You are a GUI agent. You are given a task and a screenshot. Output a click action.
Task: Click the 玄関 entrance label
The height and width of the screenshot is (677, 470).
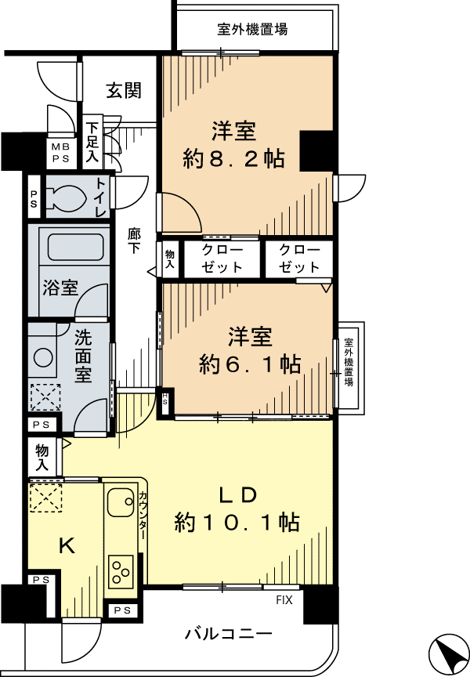[124, 91]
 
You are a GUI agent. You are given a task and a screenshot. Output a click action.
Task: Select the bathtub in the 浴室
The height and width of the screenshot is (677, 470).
[76, 247]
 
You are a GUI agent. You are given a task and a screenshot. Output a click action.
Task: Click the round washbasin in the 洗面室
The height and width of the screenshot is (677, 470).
[43, 357]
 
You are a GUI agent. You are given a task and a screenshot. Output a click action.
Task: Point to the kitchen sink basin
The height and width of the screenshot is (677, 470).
[121, 501]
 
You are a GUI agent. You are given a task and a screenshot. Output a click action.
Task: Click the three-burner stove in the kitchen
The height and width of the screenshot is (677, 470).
[121, 571]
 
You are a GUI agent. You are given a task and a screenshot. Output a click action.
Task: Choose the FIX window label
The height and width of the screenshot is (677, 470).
[284, 599]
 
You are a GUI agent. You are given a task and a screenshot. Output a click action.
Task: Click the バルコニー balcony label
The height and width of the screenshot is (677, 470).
[229, 634]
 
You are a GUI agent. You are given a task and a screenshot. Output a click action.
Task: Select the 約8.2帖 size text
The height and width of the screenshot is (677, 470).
[233, 158]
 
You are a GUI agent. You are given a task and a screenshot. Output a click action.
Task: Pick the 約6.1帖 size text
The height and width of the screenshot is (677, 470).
[251, 364]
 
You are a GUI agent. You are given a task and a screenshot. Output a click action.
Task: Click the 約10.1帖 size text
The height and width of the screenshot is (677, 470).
[237, 523]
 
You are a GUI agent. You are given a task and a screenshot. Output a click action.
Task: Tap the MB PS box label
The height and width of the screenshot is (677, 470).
[61, 153]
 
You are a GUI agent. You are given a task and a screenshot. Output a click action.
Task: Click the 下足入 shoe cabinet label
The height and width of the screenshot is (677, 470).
[92, 143]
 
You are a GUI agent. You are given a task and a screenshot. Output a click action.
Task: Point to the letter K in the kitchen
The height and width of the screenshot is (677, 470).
[67, 546]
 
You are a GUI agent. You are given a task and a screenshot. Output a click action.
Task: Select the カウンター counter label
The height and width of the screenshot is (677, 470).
[143, 516]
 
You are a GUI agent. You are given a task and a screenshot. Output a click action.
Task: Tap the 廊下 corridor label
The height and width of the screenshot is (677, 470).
[134, 241]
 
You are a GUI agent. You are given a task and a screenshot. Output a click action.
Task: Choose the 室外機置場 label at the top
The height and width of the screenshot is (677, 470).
[252, 29]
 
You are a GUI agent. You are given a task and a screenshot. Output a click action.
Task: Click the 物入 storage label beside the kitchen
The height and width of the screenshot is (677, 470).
[42, 458]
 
